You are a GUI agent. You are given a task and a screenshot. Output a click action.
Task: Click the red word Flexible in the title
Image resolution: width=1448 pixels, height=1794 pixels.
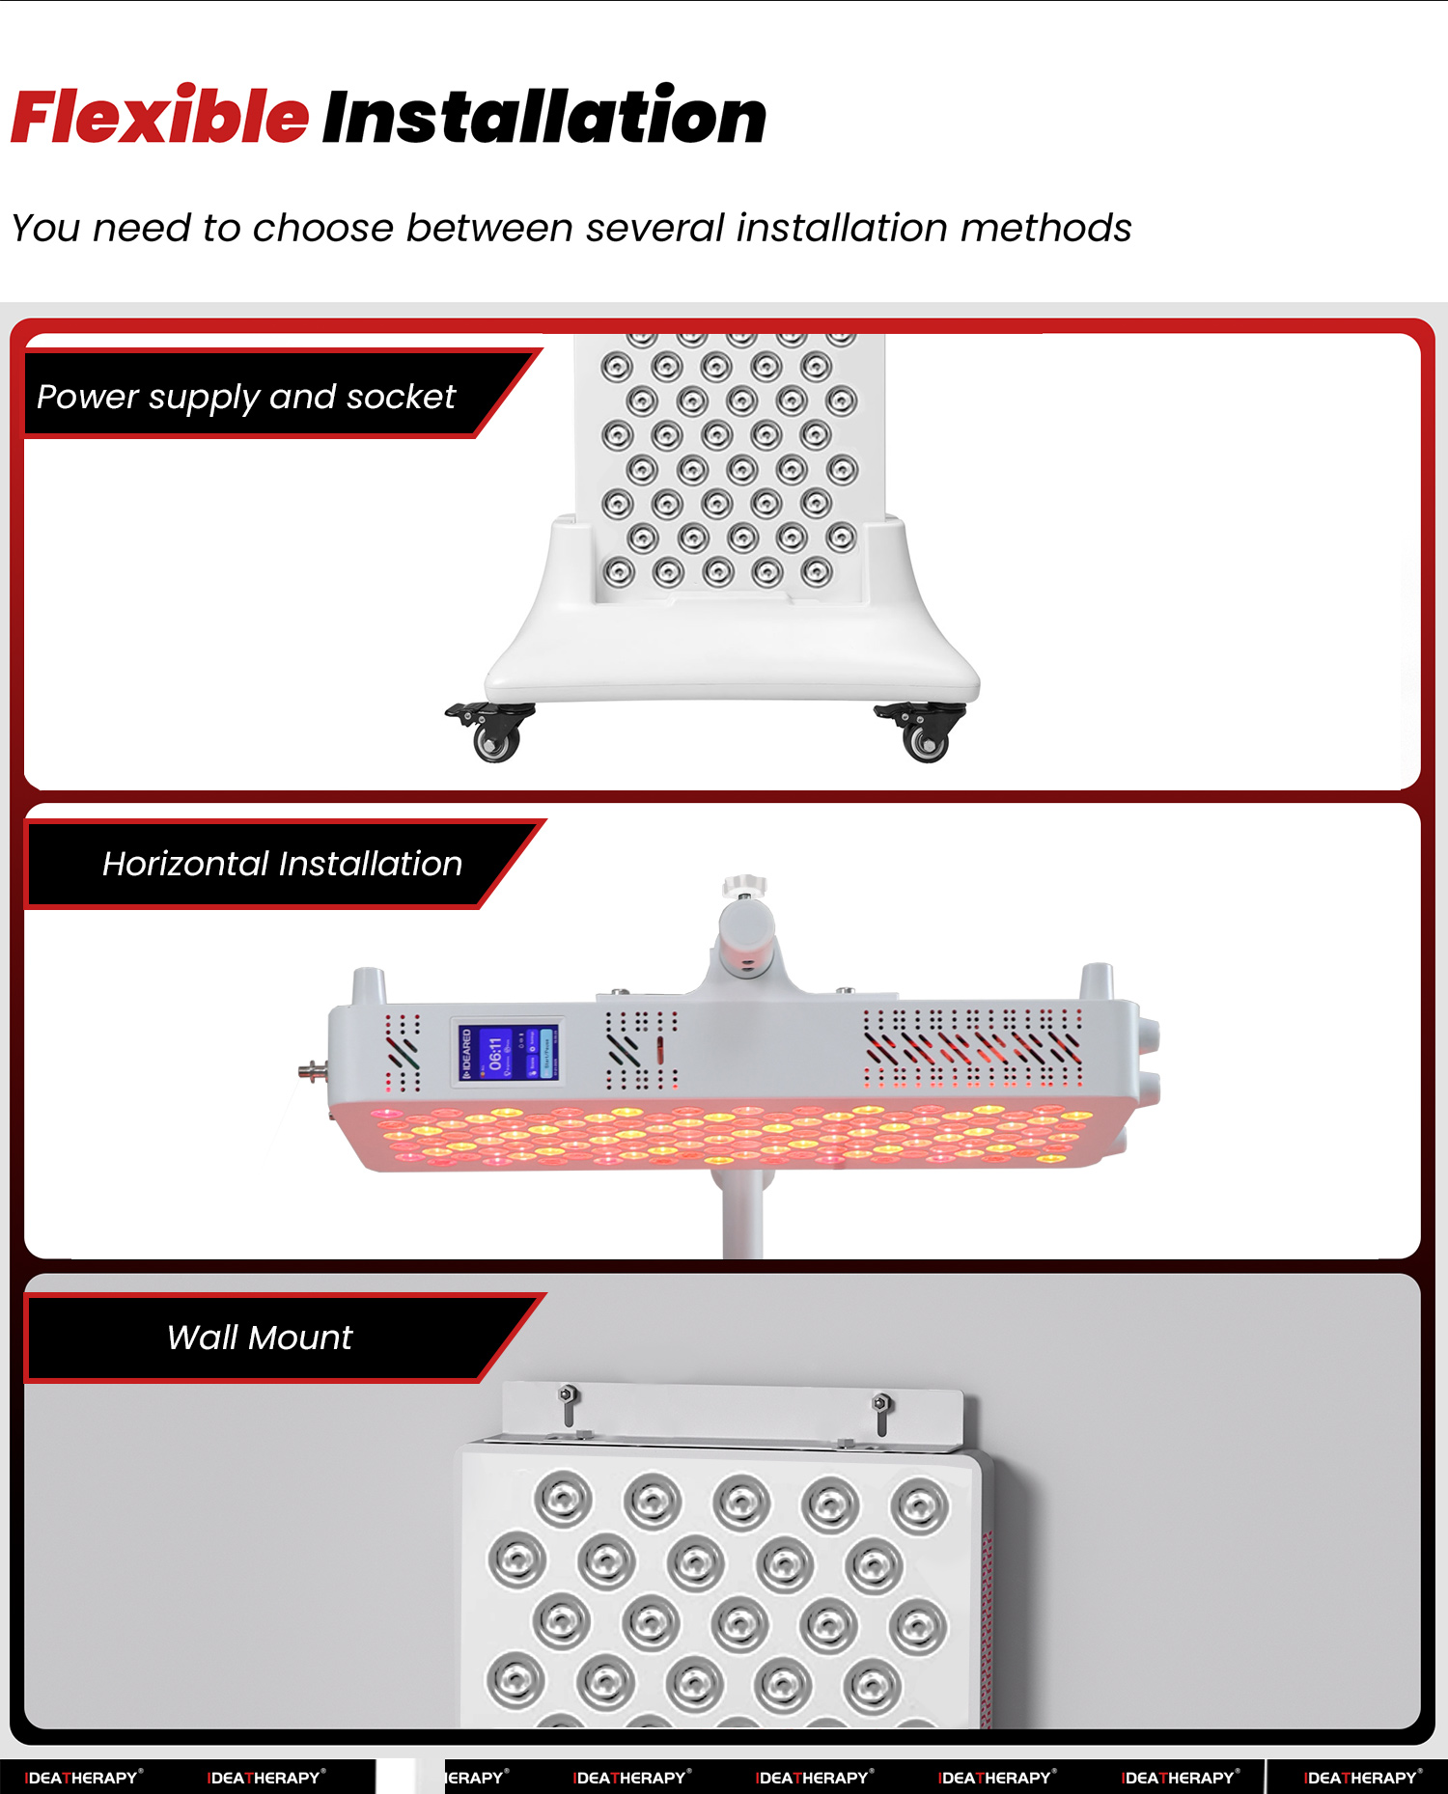pyautogui.click(x=159, y=118)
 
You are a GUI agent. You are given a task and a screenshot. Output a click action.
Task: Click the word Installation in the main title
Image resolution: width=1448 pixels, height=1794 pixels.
pyautogui.click(x=543, y=118)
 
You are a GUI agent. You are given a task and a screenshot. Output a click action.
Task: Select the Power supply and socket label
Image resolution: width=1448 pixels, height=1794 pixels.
pyautogui.click(x=246, y=397)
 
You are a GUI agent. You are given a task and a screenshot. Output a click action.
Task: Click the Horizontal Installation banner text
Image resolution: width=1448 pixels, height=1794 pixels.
pyautogui.click(x=282, y=864)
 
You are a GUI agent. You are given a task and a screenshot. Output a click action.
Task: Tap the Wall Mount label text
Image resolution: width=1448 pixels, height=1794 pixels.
pyautogui.click(x=259, y=1338)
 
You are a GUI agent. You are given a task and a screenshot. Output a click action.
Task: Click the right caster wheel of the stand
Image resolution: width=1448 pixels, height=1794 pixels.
pyautogui.click(x=925, y=740)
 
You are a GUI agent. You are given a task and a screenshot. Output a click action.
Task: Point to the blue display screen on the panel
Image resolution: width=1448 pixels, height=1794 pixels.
pyautogui.click(x=507, y=1053)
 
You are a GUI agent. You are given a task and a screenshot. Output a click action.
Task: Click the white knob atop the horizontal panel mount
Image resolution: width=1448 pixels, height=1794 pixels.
pyautogui.click(x=744, y=885)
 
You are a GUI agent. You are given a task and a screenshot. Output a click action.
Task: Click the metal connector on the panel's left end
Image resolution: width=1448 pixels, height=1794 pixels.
pyautogui.click(x=312, y=1069)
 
